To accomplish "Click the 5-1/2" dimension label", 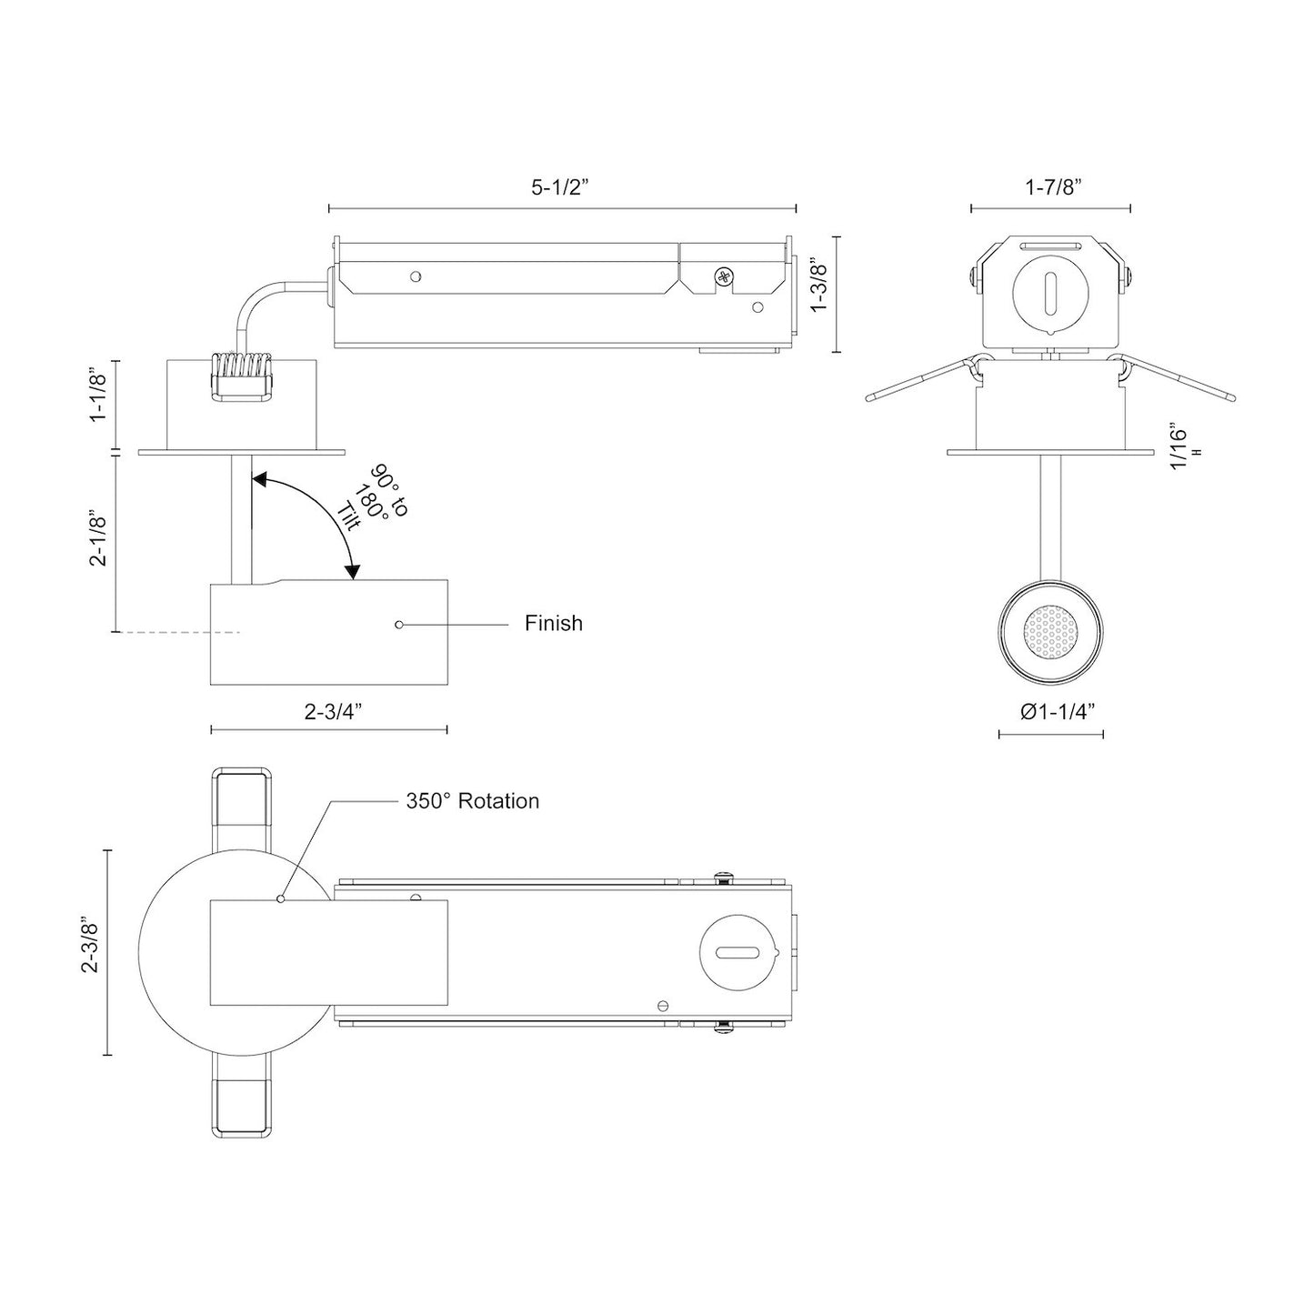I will (560, 188).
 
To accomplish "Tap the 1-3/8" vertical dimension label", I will (818, 284).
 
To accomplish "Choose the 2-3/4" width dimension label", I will (334, 713).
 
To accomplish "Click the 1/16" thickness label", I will (1179, 446).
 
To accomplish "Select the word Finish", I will (553, 624).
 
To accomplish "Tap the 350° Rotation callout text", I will (472, 801).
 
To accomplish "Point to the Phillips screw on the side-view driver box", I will (724, 276).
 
